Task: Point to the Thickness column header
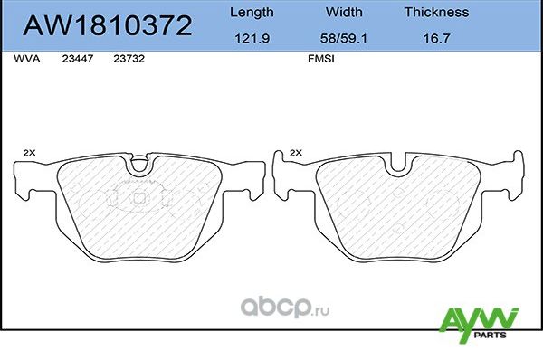436,13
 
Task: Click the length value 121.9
250,39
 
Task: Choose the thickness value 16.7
436,39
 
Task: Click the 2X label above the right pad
295,154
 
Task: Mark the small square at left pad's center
138,197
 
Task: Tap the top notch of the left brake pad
138,166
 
